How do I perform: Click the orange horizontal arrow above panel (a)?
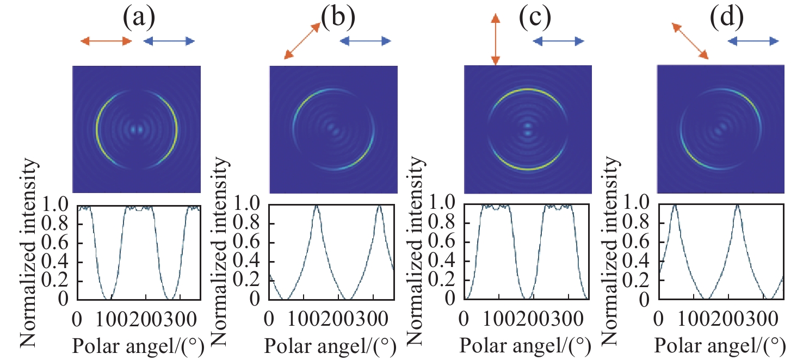click(x=106, y=41)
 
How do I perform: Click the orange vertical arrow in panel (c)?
click(x=495, y=41)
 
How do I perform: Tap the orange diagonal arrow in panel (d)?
click(x=689, y=41)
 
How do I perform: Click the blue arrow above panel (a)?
click(x=169, y=41)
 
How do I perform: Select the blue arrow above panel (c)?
click(x=558, y=41)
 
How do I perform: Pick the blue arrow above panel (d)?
click(x=753, y=41)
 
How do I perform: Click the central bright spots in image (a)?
click(x=137, y=130)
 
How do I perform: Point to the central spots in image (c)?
click(x=527, y=129)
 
